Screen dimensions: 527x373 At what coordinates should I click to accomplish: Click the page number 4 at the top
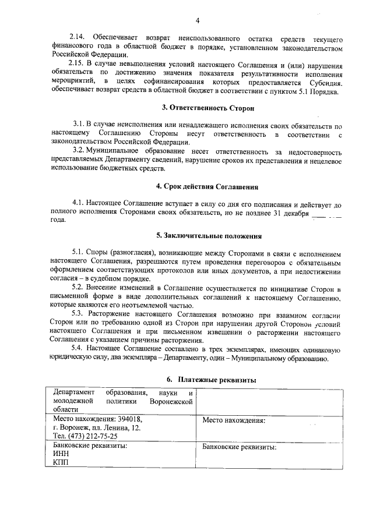(x=198, y=21)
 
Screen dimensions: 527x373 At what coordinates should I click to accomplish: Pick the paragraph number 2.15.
(x=76, y=63)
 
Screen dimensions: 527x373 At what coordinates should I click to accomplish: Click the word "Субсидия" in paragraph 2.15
(x=325, y=81)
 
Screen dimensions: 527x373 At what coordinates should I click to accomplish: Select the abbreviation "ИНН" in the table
(x=61, y=454)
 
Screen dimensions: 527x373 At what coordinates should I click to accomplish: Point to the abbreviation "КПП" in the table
(x=61, y=462)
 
